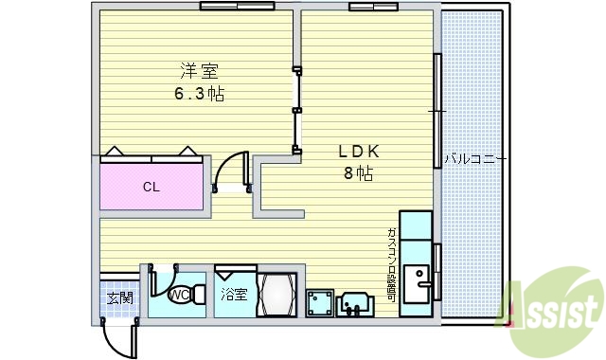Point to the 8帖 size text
(x=357, y=173)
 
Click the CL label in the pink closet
(x=151, y=187)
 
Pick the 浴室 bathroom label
(x=234, y=295)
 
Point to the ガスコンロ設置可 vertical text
(x=391, y=265)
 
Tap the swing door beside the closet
(x=229, y=171)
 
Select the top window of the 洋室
(x=237, y=6)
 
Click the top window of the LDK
(x=368, y=7)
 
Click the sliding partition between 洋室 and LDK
(x=297, y=109)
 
